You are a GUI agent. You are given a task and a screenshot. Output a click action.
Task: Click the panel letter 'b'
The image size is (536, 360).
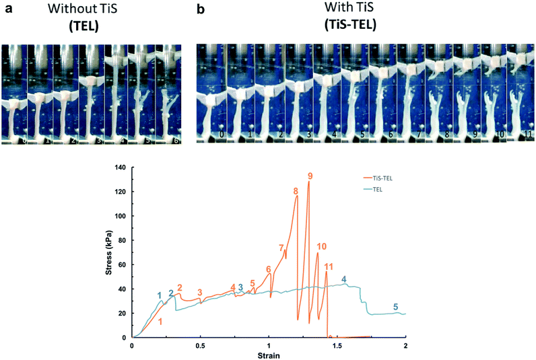[x=200, y=11]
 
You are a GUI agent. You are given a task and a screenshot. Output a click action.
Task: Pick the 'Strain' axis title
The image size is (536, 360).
[x=268, y=355]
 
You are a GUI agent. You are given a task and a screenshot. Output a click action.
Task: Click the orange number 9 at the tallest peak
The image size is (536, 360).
[x=310, y=176]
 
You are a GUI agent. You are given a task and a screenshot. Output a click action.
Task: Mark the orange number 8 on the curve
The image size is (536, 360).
[x=295, y=192]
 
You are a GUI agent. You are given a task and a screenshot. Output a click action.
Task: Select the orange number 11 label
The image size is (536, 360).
[x=328, y=267]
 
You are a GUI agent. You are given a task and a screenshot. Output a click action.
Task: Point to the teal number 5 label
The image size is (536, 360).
[x=395, y=307]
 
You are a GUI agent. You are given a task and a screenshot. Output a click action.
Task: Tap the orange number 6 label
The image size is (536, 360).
[x=268, y=270]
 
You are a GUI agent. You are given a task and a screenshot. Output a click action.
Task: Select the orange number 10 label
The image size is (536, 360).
[x=321, y=246]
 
